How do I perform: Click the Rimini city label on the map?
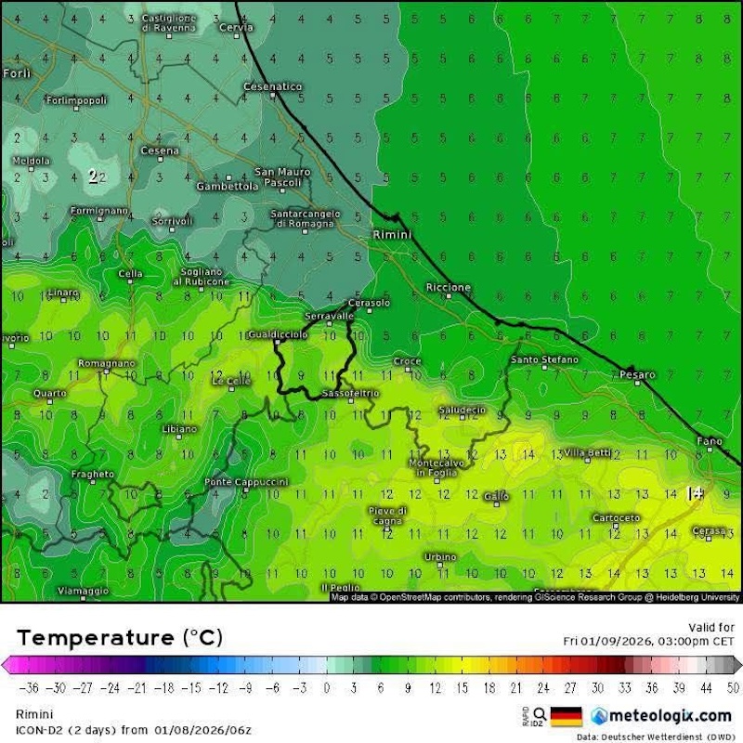pos(391,235)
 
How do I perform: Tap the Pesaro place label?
pos(638,375)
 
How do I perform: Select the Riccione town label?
pos(449,288)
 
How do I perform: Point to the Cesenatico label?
pos(272,86)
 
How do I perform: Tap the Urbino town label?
pos(440,556)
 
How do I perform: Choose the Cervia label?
pos(236,28)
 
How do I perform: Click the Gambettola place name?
pos(227,186)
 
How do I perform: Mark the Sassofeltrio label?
pos(350,394)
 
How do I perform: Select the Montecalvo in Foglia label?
pos(436,468)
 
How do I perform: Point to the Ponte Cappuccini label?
pos(246,482)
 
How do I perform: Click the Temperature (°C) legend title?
pos(120,638)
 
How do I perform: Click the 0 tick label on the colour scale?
pos(327,687)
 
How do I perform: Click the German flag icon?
pos(567,715)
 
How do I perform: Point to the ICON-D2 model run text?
pos(134,730)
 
